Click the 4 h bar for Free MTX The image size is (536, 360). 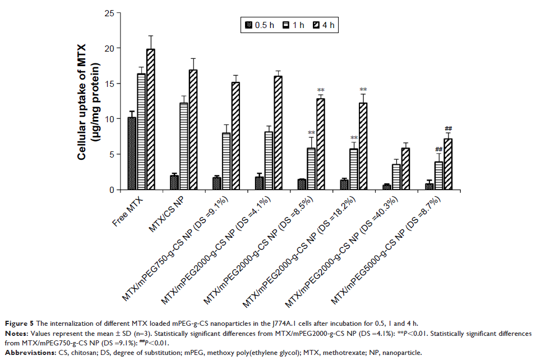pyautogui.click(x=150, y=119)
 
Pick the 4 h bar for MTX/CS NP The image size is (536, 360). pyautogui.click(x=192, y=130)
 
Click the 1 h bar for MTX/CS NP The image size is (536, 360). pyautogui.click(x=183, y=146)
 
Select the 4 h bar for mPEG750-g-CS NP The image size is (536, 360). pyautogui.click(x=235, y=136)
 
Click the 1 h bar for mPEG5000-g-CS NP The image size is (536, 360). pyautogui.click(x=439, y=176)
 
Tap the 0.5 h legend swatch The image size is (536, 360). pyautogui.click(x=248, y=25)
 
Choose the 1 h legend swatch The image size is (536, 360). pyautogui.click(x=286, y=25)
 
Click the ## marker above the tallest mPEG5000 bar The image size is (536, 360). pyautogui.click(x=449, y=128)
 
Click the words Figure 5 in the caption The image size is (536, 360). pyautogui.click(x=21, y=323)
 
